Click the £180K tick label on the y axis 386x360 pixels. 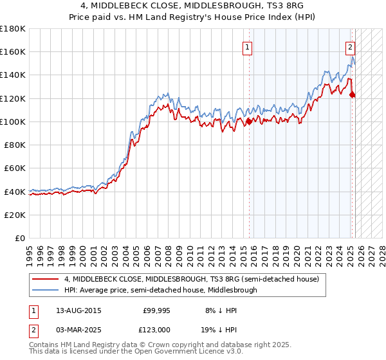[x=13, y=28]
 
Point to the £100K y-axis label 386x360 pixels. [x=13, y=122]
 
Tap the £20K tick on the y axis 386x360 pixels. [x=15, y=215]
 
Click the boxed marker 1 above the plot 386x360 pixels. [x=248, y=46]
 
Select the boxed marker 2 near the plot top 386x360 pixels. [x=351, y=46]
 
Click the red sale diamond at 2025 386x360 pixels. [x=352, y=95]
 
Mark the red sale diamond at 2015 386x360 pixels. [x=249, y=121]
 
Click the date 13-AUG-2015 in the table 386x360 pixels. [x=79, y=310]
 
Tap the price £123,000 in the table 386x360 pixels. [x=156, y=328]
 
